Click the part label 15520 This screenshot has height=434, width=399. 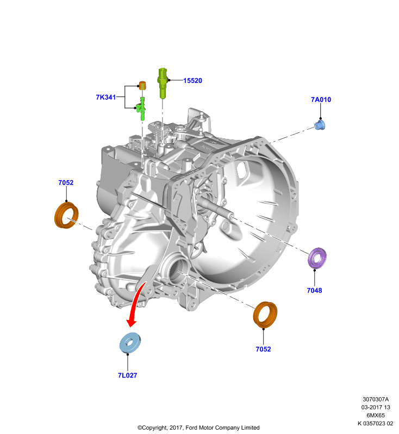click(x=192, y=80)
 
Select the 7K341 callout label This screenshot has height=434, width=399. click(x=105, y=97)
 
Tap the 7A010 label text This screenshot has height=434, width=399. click(x=321, y=100)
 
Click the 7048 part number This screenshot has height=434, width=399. click(x=314, y=290)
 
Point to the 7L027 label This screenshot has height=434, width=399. click(x=127, y=375)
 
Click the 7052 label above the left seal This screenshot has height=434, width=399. click(x=66, y=183)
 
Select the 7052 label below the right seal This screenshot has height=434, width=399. click(x=263, y=349)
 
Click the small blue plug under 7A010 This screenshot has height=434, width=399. click(x=320, y=125)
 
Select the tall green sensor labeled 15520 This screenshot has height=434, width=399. click(x=163, y=82)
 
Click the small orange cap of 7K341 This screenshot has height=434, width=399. click(x=142, y=85)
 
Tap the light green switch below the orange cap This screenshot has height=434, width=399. click(x=141, y=108)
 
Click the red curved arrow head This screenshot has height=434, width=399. click(x=132, y=322)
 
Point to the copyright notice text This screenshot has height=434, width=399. click(x=198, y=427)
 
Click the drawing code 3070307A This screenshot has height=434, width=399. click(x=376, y=399)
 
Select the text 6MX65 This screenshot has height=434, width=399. click(x=376, y=415)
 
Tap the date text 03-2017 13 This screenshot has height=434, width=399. click(x=376, y=407)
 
